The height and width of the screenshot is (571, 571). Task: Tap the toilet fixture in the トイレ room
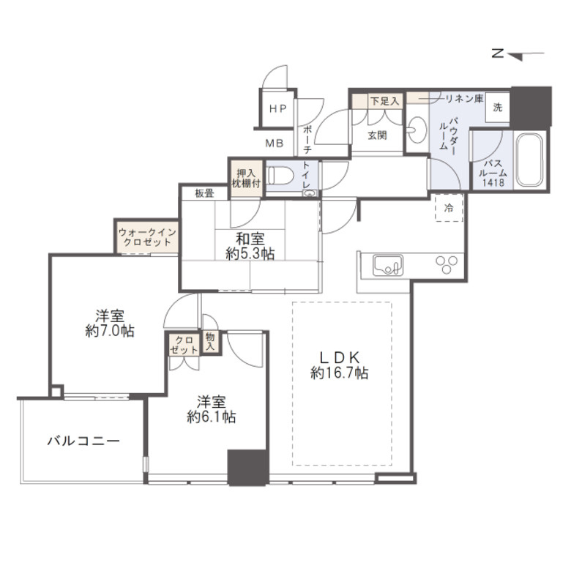[280, 176]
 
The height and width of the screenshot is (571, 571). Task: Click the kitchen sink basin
[387, 266]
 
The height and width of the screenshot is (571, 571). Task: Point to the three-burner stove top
[447, 265]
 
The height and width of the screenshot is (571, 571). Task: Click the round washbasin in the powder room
[417, 130]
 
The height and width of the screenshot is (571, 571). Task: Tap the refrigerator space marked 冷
[449, 208]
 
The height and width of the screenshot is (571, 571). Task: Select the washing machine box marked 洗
[498, 107]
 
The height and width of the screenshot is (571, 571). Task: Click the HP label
[278, 108]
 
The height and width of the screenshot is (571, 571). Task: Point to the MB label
[275, 143]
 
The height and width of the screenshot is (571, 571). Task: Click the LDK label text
[340, 357]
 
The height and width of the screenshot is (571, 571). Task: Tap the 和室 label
[250, 239]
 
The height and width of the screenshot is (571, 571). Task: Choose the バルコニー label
[83, 441]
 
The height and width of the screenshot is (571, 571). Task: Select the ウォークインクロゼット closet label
[147, 237]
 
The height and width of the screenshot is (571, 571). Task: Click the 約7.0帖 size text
[110, 331]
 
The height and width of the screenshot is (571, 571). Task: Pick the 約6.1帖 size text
[212, 417]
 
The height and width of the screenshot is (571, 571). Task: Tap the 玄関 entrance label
[377, 135]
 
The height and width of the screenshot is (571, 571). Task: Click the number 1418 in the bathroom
[493, 182]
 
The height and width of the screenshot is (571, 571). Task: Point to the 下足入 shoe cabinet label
[385, 101]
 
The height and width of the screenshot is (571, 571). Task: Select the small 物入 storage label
[210, 342]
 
